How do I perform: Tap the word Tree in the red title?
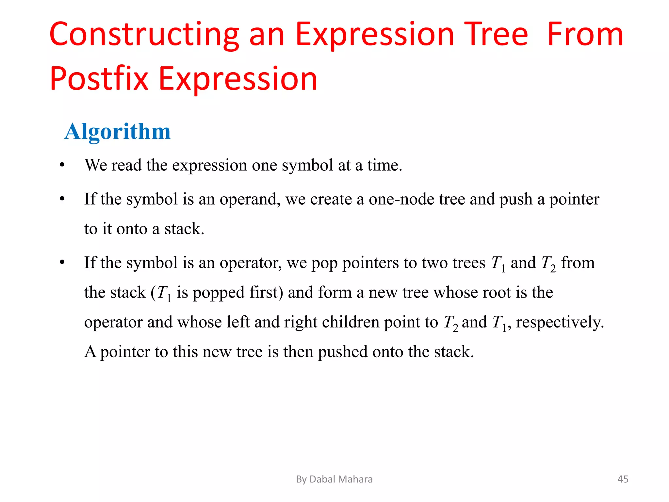496,34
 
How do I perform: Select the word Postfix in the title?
99,79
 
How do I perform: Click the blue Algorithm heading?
118,131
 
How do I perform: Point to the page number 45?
623,479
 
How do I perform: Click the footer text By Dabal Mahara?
334,479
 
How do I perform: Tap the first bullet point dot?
62,165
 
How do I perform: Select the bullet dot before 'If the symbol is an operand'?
62,199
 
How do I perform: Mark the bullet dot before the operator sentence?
62,262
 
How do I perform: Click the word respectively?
560,322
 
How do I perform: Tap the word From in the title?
585,34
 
